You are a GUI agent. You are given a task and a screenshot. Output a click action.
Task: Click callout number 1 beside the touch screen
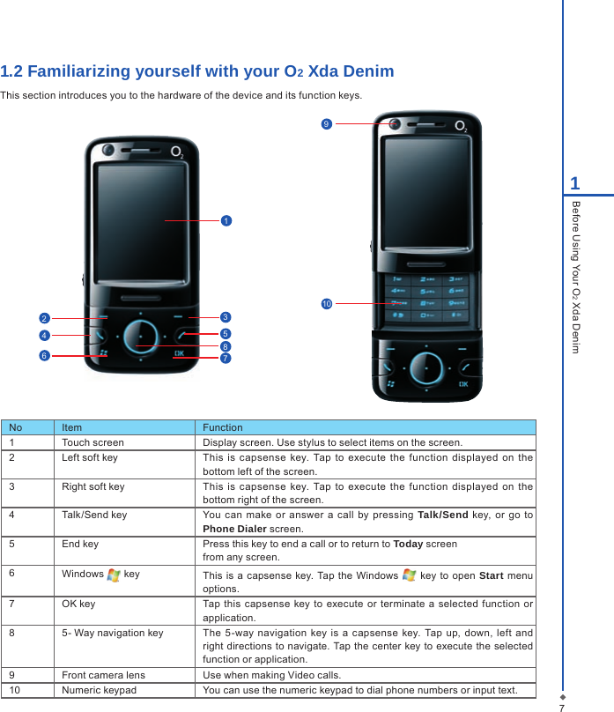tap(226, 219)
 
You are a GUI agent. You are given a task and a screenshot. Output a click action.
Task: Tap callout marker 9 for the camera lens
tap(326, 124)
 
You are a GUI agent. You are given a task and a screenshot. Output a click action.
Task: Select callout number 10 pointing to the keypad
tap(326, 304)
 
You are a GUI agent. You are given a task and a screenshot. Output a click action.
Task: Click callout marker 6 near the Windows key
tap(43, 355)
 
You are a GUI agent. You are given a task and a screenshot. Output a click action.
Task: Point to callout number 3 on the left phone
tap(226, 316)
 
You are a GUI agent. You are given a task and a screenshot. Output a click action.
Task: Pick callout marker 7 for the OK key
tap(226, 359)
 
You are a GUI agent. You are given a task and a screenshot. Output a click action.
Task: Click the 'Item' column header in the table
tap(71, 427)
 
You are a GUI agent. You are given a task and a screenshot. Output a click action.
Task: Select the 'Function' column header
tap(222, 427)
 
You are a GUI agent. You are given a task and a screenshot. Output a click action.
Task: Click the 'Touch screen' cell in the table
tap(92, 442)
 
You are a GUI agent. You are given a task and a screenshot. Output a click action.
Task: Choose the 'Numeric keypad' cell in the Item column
tap(99, 690)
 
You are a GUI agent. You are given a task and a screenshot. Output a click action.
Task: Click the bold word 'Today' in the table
tap(409, 544)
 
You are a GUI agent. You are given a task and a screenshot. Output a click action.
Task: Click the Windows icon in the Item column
tap(114, 575)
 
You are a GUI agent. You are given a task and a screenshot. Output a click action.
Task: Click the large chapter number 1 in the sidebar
tap(574, 183)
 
